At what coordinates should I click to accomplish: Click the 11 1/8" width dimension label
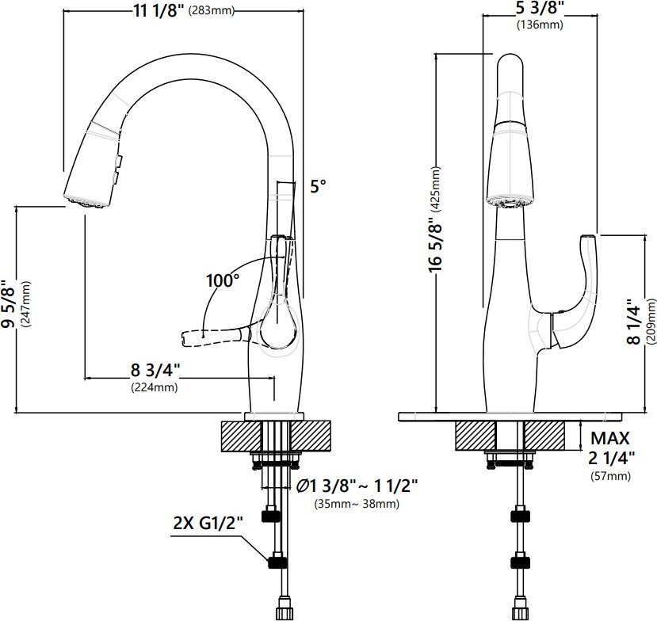click(x=159, y=10)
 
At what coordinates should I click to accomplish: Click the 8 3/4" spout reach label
click(x=155, y=370)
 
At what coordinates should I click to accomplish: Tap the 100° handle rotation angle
click(x=223, y=280)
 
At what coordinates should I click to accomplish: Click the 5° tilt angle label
click(x=318, y=186)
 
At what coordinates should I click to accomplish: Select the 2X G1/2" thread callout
click(x=208, y=523)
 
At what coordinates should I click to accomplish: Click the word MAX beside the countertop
click(x=609, y=439)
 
